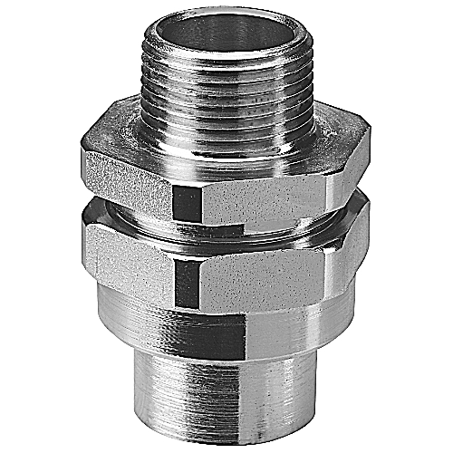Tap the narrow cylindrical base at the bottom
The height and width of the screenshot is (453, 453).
pyautogui.click(x=226, y=408)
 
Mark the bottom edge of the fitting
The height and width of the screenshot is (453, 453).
pyautogui.click(x=226, y=442)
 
